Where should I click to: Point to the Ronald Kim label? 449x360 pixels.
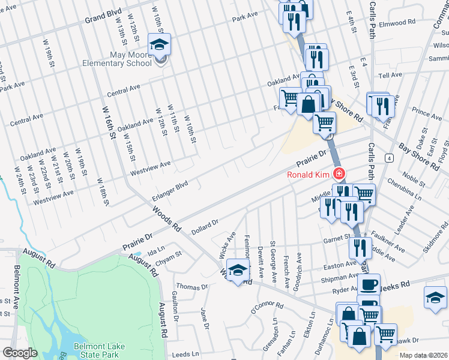[309, 175]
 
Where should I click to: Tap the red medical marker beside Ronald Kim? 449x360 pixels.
[340, 175]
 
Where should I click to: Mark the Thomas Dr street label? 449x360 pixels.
[192, 287]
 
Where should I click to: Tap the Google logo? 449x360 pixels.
[20, 353]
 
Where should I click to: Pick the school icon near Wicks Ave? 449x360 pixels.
[238, 271]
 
